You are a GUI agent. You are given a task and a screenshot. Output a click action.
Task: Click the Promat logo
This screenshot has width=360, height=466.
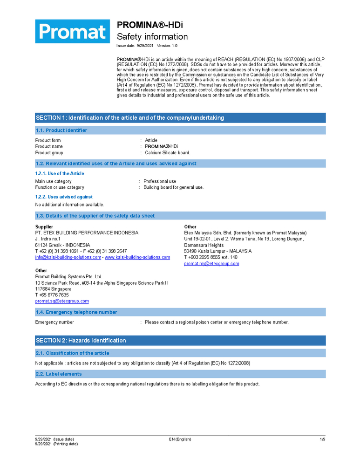[73, 32]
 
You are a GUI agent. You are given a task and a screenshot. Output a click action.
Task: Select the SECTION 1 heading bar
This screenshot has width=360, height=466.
[181, 118]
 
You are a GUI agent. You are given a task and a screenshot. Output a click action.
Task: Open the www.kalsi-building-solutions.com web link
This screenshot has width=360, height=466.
[137, 257]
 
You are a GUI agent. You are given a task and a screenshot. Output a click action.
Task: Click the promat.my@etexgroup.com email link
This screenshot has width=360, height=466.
[211, 264]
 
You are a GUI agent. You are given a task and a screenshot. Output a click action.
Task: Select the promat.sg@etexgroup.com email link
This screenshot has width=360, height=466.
[62, 301]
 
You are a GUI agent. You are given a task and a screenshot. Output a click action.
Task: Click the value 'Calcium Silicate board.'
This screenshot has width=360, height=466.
[168, 153]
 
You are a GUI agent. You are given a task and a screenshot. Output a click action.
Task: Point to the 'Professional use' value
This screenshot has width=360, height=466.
[160, 181]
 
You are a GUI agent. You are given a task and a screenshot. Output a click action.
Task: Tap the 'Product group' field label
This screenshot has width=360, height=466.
[49, 153]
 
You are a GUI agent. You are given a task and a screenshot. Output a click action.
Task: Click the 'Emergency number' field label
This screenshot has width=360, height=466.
[54, 322]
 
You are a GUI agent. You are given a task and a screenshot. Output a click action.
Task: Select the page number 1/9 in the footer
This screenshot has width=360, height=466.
[322, 439]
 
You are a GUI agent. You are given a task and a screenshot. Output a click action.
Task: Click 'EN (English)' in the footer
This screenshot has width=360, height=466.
[180, 439]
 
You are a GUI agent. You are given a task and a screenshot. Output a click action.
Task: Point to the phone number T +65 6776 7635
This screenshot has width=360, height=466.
[52, 295]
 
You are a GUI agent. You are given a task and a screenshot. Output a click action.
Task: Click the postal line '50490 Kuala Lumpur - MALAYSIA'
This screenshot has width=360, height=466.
[218, 251]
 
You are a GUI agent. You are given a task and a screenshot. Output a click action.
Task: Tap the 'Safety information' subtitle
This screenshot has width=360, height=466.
[152, 37]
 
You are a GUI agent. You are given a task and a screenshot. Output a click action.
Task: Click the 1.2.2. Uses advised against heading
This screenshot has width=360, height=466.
[64, 197]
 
